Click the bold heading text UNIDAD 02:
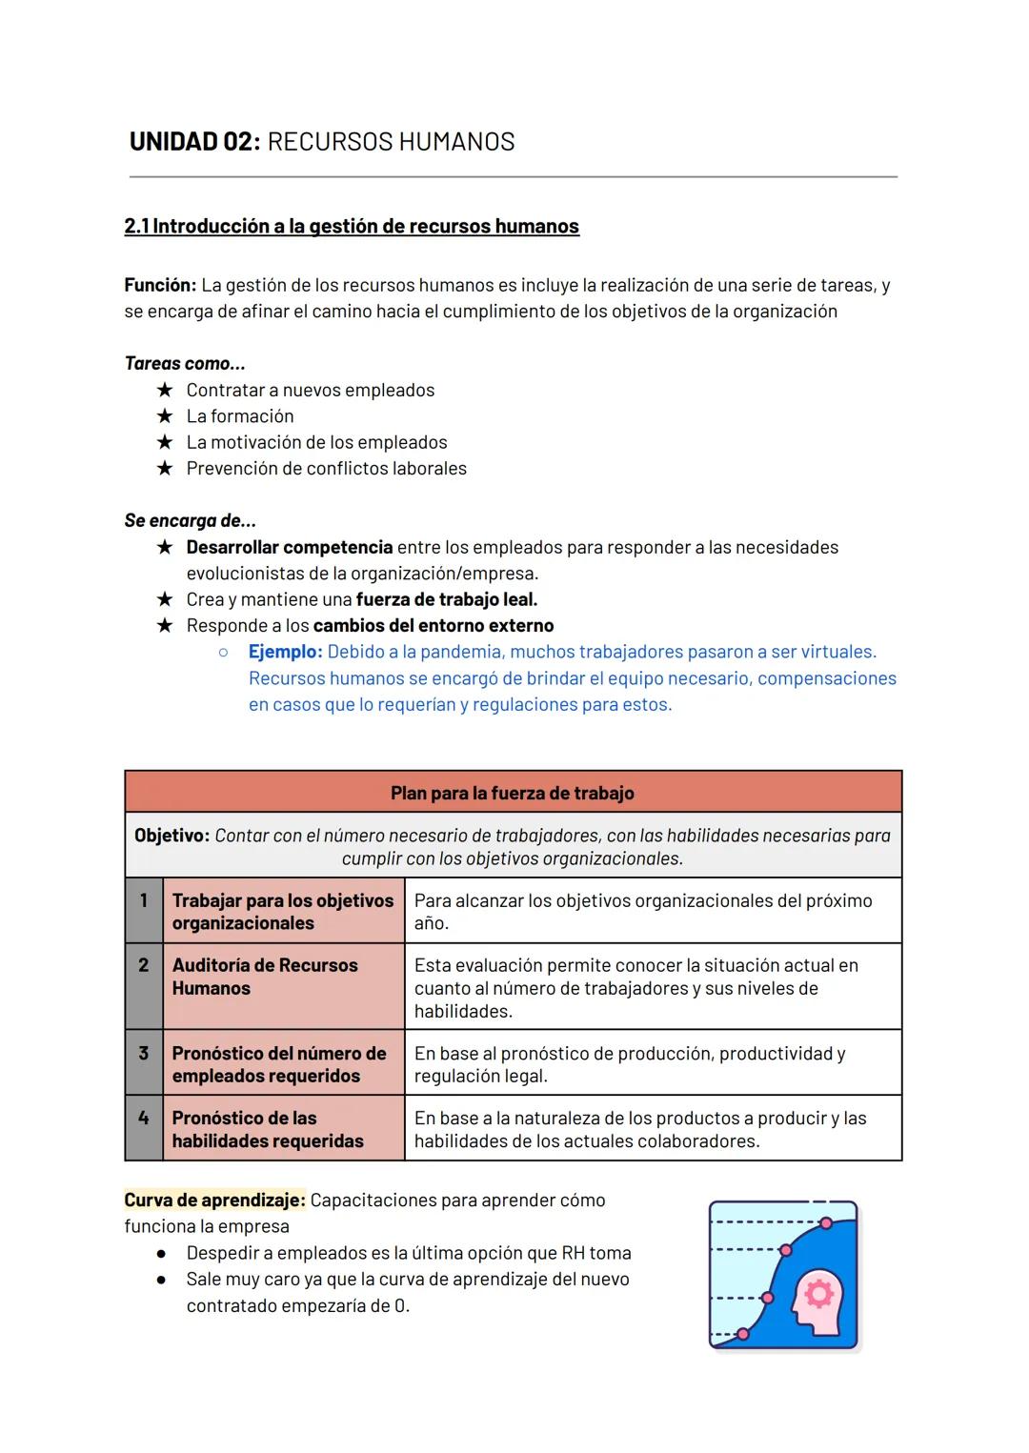pyautogui.click(x=194, y=142)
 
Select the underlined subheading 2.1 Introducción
pyautogui.click(x=351, y=227)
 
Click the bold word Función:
pyautogui.click(x=160, y=285)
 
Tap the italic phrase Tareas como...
pyautogui.click(x=184, y=363)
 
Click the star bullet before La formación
pyautogui.click(x=165, y=416)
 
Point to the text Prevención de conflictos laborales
pyautogui.click(x=326, y=469)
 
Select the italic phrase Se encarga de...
pyautogui.click(x=190, y=521)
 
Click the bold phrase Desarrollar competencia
pyautogui.click(x=289, y=548)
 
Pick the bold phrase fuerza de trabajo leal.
pyautogui.click(x=446, y=600)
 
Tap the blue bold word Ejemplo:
pyautogui.click(x=285, y=653)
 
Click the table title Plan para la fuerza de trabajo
pyautogui.click(x=513, y=793)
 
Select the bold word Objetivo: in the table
pyautogui.click(x=171, y=836)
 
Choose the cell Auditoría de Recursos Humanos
pyautogui.click(x=283, y=977)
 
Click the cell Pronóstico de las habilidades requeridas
pyautogui.click(x=283, y=1129)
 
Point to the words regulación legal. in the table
pyautogui.click(x=480, y=1077)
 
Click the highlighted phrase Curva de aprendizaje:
pyautogui.click(x=214, y=1201)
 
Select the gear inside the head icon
pyautogui.click(x=818, y=1293)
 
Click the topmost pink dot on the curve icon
pyautogui.click(x=826, y=1222)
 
